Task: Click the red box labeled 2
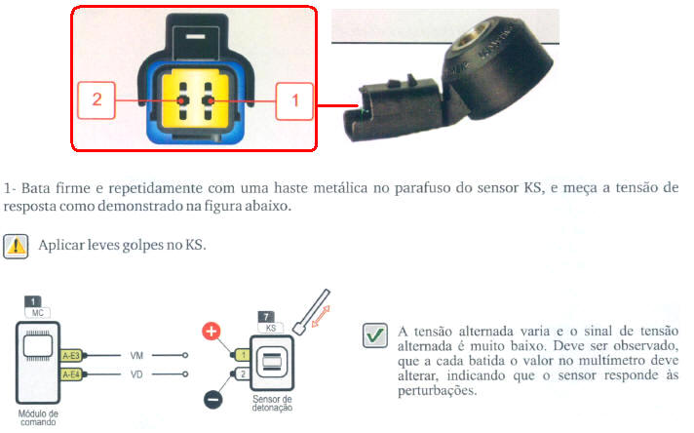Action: coord(96,100)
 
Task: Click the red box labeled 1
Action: coord(294,101)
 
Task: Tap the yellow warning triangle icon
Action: coord(16,246)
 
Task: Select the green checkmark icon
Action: coord(375,335)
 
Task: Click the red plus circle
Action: coord(212,332)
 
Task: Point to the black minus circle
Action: coord(212,400)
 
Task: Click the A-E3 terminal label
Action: coord(71,356)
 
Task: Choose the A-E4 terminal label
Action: coord(71,374)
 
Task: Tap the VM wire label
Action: coord(136,356)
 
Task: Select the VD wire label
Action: coord(136,374)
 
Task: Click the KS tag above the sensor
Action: coord(270,328)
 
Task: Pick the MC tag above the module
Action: coord(38,313)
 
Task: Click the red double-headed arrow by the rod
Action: coord(321,317)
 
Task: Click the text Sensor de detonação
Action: coord(272,403)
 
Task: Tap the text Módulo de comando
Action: coord(38,417)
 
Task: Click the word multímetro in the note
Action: coord(589,361)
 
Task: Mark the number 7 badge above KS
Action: coord(266,317)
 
